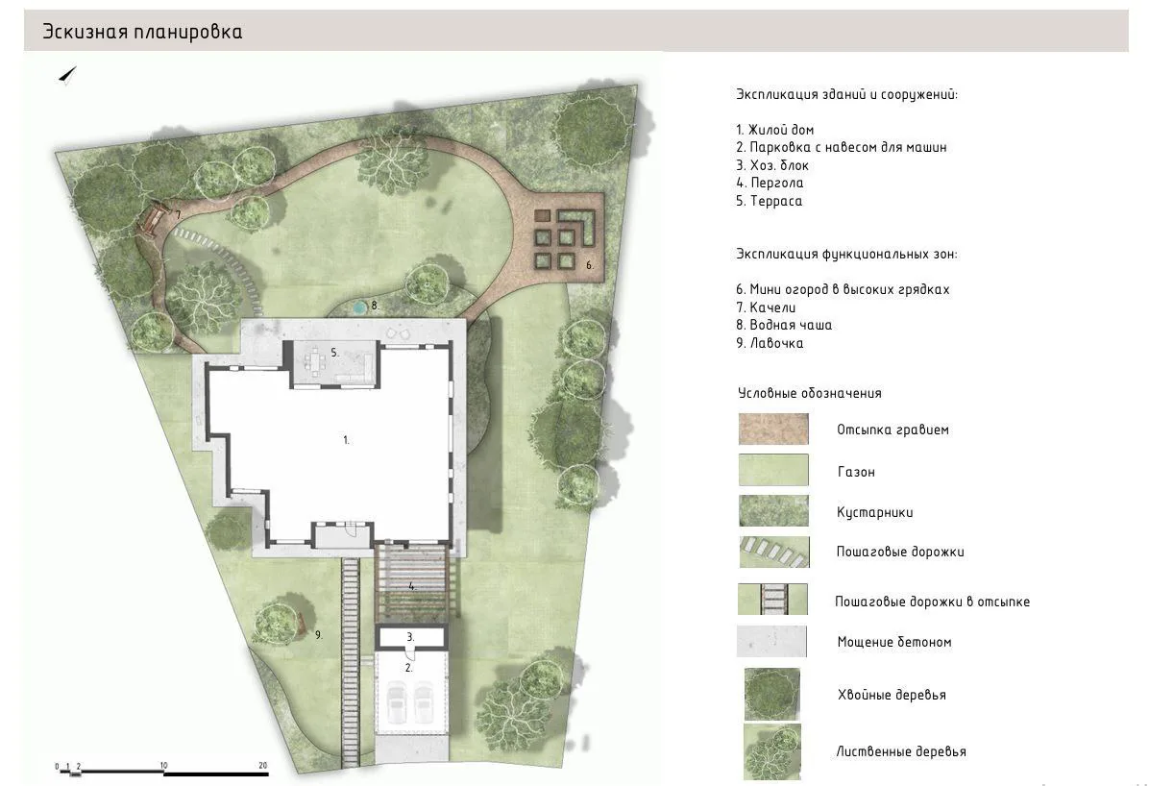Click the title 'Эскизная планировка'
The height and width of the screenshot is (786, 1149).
click(x=142, y=32)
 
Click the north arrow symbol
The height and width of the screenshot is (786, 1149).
click(x=67, y=75)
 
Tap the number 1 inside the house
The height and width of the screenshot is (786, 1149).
click(x=347, y=440)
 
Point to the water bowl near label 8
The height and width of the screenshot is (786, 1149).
click(x=357, y=307)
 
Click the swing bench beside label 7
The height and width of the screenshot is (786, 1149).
click(x=153, y=218)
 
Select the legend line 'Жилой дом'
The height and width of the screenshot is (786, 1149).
click(x=774, y=130)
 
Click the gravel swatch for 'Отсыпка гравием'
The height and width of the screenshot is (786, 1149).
click(x=773, y=429)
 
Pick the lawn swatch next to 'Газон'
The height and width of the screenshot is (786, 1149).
click(x=773, y=470)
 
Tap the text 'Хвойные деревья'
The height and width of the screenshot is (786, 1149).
click(x=892, y=695)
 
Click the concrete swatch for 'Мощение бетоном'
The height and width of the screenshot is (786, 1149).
click(x=771, y=642)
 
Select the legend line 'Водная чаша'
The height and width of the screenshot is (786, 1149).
click(x=784, y=325)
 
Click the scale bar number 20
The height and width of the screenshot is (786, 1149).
click(x=263, y=766)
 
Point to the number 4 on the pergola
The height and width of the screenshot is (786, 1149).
click(x=412, y=586)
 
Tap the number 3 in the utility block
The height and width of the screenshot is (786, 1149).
click(x=410, y=637)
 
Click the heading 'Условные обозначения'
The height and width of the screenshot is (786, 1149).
click(x=810, y=393)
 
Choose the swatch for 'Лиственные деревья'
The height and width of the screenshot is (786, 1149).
click(x=772, y=751)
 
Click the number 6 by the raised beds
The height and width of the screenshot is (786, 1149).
click(x=589, y=265)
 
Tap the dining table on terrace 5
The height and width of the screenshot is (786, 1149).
click(x=317, y=361)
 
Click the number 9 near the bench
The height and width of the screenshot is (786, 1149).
click(x=318, y=635)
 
